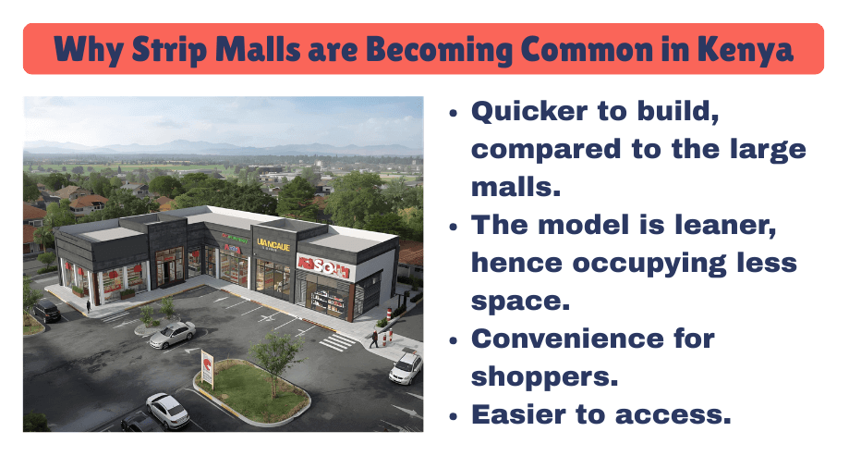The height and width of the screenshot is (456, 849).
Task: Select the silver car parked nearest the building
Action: pos(172,334)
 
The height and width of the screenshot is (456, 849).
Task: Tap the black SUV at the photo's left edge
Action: pos(45,310)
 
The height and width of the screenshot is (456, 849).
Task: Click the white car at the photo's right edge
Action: pos(406,368)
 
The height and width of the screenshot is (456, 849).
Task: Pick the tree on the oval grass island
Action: pos(276,353)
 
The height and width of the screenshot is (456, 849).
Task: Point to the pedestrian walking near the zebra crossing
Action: pos(373,339)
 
